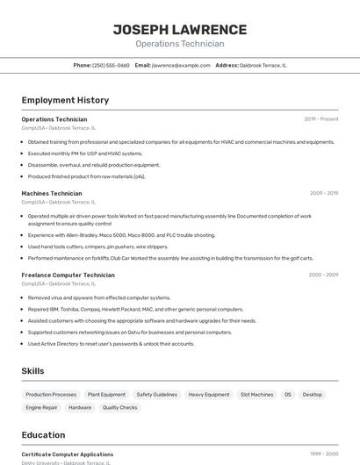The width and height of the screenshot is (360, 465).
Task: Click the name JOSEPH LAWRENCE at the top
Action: coord(179,30)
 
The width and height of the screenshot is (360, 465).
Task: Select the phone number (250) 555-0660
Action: coord(111,65)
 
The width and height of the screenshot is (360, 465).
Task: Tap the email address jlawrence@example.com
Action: coord(181,65)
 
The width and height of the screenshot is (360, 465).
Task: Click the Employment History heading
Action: coord(65,100)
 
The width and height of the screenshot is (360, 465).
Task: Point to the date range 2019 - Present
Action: coord(321,119)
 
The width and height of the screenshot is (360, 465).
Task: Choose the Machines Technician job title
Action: coord(52,193)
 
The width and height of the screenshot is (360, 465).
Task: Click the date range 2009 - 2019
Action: coord(324,193)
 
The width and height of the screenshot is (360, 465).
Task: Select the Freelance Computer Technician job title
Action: coord(68,275)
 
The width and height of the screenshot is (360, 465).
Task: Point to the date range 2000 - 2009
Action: coord(323,275)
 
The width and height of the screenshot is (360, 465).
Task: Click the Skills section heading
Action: coord(32,371)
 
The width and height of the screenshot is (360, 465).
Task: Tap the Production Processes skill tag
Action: coord(51,395)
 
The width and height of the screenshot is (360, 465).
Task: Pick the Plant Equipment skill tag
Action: coord(106,395)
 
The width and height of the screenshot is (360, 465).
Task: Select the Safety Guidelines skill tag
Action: coord(156,395)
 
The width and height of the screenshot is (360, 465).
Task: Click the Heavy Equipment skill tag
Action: coord(209,395)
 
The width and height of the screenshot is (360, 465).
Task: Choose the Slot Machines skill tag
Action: coord(256,395)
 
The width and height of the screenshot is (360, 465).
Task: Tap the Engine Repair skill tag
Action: coord(41,407)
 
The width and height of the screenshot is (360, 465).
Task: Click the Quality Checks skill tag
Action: coord(119,407)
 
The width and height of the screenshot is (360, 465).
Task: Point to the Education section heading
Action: coord(43,435)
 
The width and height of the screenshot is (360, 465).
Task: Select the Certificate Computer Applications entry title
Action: coord(68,454)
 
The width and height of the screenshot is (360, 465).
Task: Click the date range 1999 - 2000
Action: coord(324,454)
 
